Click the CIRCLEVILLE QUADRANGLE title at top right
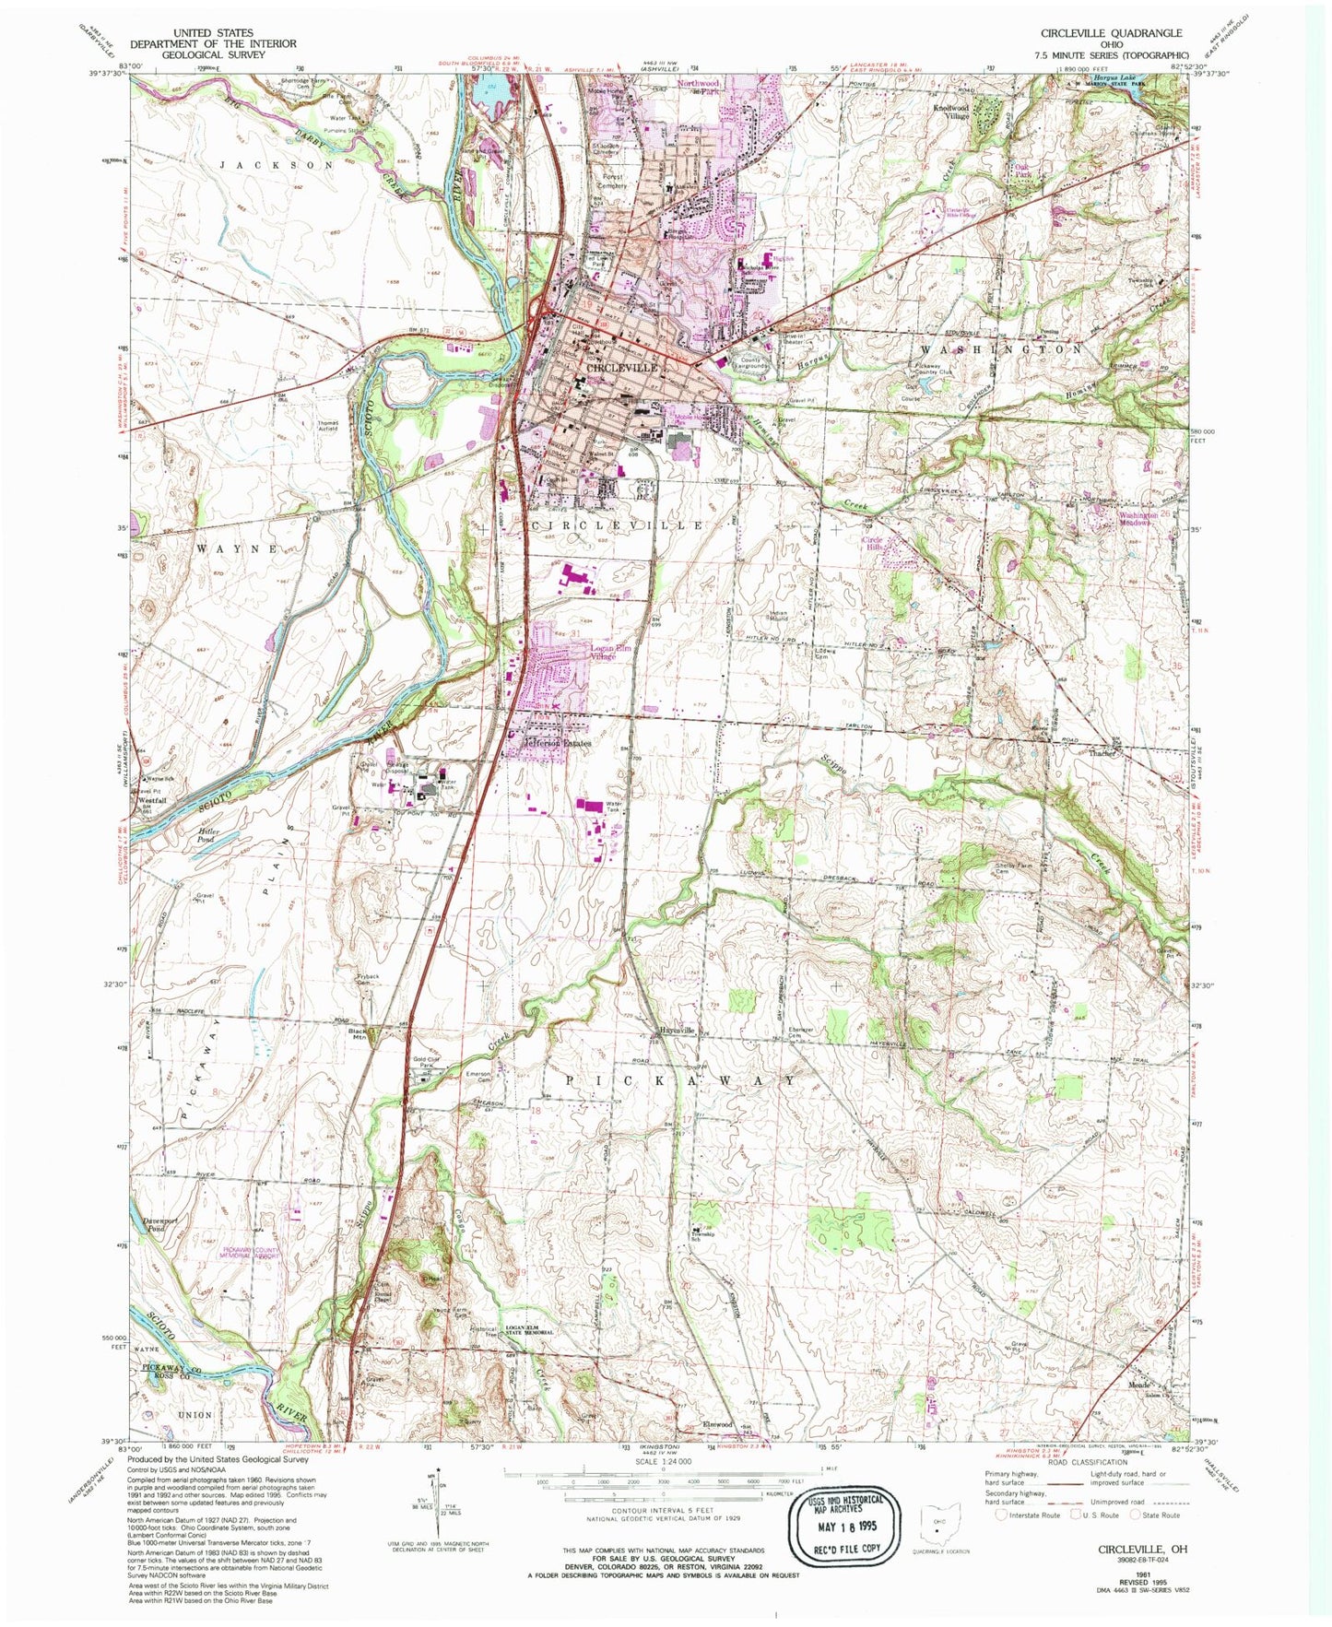tap(1111, 32)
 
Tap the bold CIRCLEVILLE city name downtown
tap(622, 367)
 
